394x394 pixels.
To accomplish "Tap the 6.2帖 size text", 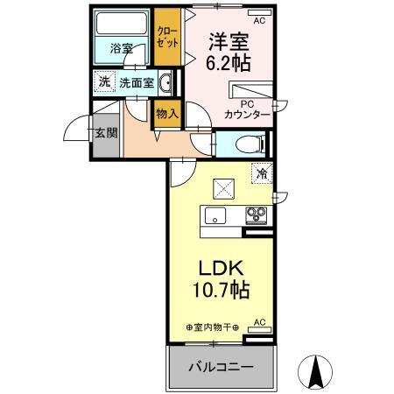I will point(227,63).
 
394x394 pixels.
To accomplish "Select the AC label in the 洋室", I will point(258,19).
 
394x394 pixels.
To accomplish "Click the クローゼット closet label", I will point(165,37).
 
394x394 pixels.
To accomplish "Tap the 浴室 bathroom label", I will point(122,49).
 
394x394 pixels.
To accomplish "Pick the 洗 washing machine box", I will point(102,83).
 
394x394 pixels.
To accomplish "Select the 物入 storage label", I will point(166,112).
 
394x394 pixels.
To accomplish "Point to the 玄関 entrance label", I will point(105,133).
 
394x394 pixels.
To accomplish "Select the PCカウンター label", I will point(246,108).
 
